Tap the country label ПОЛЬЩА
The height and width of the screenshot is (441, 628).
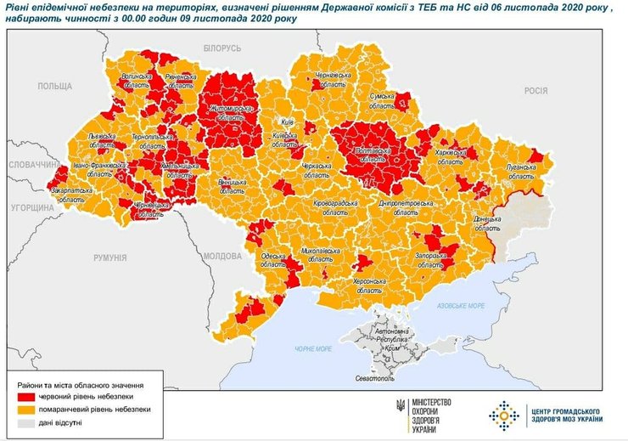(55, 87)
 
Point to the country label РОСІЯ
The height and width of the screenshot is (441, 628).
(535, 90)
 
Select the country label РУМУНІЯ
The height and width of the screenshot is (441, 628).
(110, 257)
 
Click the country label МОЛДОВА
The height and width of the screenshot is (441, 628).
(223, 255)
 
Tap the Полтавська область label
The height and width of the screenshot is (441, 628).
(370, 153)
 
